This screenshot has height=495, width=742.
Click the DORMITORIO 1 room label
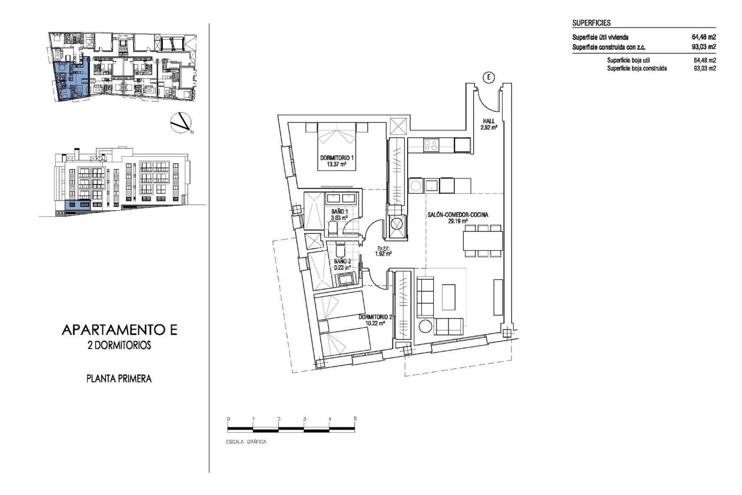[337, 158]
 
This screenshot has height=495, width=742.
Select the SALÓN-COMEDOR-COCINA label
[458, 215]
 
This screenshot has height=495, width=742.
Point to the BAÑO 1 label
[339, 212]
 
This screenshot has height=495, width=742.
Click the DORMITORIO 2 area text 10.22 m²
[374, 323]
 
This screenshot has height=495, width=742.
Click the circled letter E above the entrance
[488, 78]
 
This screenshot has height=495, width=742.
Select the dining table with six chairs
[483, 241]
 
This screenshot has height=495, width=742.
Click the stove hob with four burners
[431, 145]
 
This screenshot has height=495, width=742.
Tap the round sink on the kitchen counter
[416, 186]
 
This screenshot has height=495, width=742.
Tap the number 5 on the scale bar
[355, 419]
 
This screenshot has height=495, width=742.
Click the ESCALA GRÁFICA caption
[246, 442]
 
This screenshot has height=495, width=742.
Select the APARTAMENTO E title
[119, 330]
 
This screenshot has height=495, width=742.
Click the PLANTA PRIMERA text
[119, 379]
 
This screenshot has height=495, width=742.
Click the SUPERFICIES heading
[591, 23]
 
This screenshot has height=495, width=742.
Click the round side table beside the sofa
[425, 326]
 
